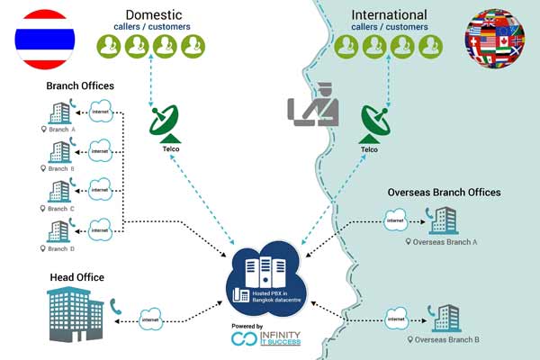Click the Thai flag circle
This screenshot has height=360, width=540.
[46, 39]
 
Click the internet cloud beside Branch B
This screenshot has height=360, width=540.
[100, 151]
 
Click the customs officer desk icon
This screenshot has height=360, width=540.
[312, 110]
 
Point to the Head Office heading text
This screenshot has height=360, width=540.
[77, 278]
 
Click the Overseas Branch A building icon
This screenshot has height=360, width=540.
[442, 221]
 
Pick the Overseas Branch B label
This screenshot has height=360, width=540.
[450, 339]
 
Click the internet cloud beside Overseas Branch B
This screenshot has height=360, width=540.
[397, 316]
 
